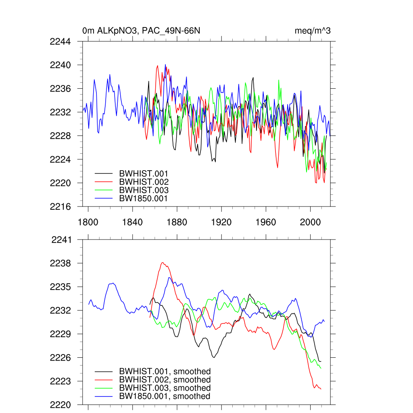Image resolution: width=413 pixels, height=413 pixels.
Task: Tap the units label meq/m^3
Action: pyautogui.click(x=313, y=31)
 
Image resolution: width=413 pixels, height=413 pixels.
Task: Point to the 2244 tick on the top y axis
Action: pyautogui.click(x=60, y=42)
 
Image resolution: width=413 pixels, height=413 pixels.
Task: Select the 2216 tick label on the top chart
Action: pyautogui.click(x=60, y=206)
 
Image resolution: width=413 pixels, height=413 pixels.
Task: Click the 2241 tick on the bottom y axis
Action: pyautogui.click(x=61, y=240)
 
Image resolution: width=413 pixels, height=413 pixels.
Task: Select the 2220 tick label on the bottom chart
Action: pyautogui.click(x=60, y=405)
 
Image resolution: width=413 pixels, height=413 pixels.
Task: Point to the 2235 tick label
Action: pyautogui.click(x=60, y=287)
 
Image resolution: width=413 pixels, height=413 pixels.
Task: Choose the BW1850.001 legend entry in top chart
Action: pyautogui.click(x=143, y=198)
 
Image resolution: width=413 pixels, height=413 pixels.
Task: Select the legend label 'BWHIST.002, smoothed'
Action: pyautogui.click(x=165, y=380)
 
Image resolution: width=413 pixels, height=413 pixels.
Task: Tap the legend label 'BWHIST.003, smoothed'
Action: pyautogui.click(x=165, y=388)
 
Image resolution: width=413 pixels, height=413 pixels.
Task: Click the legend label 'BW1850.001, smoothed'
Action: pyautogui.click(x=165, y=396)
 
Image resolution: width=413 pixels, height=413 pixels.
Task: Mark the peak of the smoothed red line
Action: pyautogui.click(x=163, y=263)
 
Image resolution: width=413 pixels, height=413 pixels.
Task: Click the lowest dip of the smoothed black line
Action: pyautogui.click(x=214, y=357)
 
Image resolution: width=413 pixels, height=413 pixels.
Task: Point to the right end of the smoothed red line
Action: pyautogui.click(x=321, y=389)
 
